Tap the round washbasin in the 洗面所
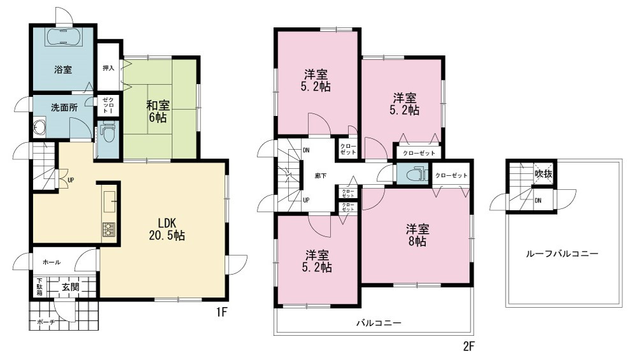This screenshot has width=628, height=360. [x=40, y=127]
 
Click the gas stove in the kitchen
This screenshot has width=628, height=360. [x=108, y=229]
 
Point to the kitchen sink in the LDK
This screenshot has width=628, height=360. [x=109, y=201]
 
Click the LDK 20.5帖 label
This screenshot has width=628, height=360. [x=167, y=229]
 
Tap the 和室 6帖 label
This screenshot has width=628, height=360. [x=157, y=112]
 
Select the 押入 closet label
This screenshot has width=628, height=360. [x=108, y=68]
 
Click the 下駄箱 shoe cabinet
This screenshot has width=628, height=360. [x=40, y=286]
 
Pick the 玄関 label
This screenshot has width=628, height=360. [x=70, y=287]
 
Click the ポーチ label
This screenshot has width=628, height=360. [x=46, y=322]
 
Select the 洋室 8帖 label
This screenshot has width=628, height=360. [x=418, y=236]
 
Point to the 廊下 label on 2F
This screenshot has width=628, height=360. [x=321, y=175]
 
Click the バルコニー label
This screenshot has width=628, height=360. [x=379, y=323]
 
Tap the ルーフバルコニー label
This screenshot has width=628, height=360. [x=562, y=254]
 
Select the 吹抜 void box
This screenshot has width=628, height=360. [x=543, y=174]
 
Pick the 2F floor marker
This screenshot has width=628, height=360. [x=469, y=346]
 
